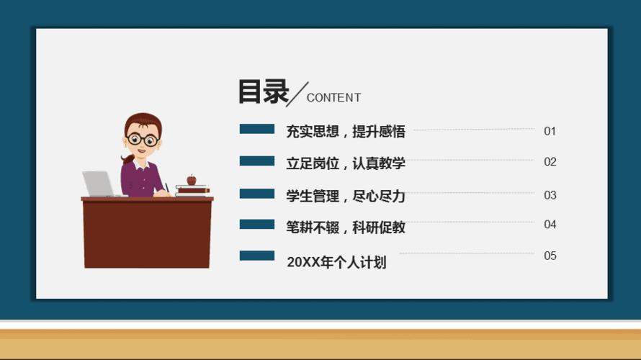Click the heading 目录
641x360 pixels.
[263, 92]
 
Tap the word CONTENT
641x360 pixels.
[333, 98]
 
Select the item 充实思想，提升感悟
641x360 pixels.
[346, 132]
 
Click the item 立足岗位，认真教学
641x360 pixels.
[346, 163]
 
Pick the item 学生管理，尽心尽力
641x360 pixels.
[346, 196]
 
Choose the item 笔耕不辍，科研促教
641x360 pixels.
[346, 228]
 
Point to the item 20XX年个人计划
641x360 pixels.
[336, 262]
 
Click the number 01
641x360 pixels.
[550, 131]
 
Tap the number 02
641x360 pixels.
[550, 162]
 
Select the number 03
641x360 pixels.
[550, 195]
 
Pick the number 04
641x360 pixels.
[550, 225]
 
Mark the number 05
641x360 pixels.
[550, 256]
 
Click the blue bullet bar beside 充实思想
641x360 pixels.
[256, 129]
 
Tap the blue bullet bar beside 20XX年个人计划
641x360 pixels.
[256, 256]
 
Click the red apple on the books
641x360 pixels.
[192, 180]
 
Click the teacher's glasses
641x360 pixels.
[142, 139]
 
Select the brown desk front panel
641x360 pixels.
[147, 234]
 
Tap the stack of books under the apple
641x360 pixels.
[192, 191]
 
